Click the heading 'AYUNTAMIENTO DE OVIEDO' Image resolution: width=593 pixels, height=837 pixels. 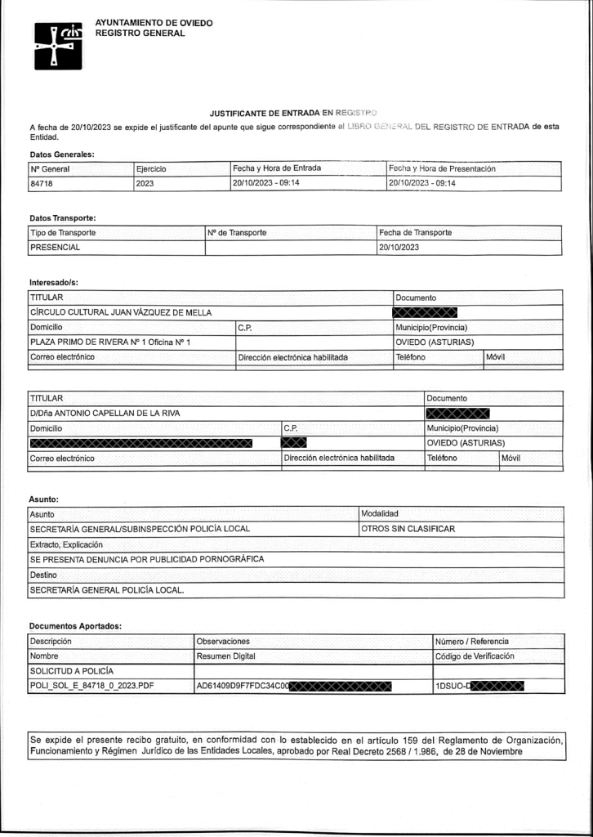click(x=154, y=22)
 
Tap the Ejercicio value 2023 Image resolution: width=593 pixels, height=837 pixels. click(x=148, y=183)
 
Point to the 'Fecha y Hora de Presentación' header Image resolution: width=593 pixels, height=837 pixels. click(x=443, y=168)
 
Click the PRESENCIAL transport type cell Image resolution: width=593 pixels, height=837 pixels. click(x=56, y=247)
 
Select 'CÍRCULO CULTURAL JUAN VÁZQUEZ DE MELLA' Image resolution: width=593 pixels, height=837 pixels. click(x=119, y=311)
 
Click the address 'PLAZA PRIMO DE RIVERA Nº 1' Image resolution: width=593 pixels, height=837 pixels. click(x=110, y=342)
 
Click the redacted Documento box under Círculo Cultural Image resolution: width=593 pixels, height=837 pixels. click(x=424, y=311)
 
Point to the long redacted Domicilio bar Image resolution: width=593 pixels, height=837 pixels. click(x=140, y=443)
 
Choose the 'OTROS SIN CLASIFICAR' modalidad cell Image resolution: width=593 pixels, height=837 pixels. click(x=408, y=528)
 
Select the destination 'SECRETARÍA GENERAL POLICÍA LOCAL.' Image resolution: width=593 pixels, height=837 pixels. click(x=107, y=589)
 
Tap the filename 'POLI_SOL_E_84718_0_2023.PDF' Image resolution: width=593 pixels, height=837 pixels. click(x=91, y=686)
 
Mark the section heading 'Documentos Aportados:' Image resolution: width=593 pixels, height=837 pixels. click(x=75, y=625)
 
